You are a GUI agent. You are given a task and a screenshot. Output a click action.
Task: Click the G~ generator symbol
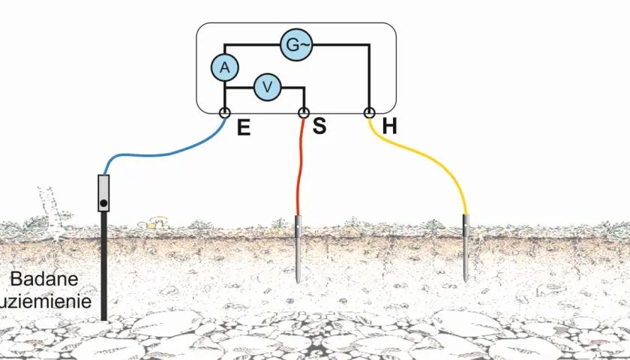click(296, 44)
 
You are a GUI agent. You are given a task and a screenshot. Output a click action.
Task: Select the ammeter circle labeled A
click(224, 67)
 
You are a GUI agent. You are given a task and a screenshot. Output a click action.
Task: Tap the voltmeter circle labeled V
click(267, 87)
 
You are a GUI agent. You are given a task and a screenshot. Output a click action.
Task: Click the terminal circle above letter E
click(224, 112)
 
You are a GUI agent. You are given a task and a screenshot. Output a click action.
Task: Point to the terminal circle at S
click(304, 112)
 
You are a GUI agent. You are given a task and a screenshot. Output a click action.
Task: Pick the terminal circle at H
click(369, 112)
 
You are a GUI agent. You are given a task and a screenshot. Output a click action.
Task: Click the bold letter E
click(244, 127)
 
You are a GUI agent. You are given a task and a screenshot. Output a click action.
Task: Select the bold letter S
click(319, 126)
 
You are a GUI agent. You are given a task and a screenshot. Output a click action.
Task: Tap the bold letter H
click(390, 126)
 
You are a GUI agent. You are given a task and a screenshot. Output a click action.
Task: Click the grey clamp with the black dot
click(103, 193)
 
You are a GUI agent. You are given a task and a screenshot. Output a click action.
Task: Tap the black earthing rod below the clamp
click(103, 266)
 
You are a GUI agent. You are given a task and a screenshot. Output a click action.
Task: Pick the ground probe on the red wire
click(298, 249)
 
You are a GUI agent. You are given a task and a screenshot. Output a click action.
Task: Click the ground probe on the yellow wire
click(466, 248)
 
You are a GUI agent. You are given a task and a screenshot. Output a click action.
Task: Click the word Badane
click(44, 279)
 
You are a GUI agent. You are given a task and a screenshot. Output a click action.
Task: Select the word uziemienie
click(46, 301)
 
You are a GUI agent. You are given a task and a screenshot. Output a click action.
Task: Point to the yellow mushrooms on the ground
click(154, 222)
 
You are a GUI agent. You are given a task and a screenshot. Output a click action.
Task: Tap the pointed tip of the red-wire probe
click(298, 283)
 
